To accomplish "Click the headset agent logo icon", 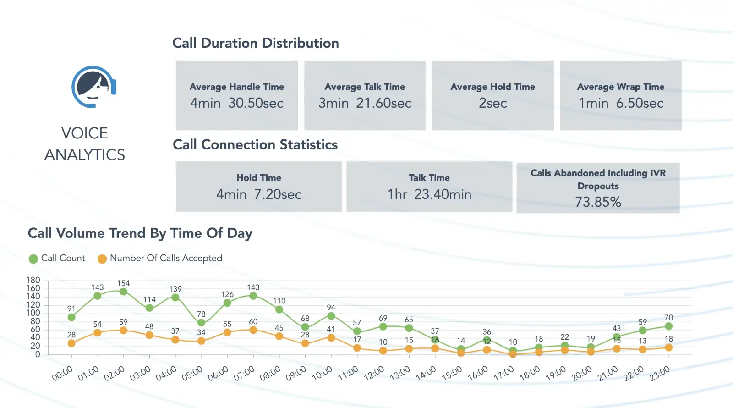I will click(x=93, y=87).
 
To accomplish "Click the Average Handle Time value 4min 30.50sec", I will click(x=237, y=103).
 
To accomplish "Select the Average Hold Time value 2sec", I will click(x=492, y=103).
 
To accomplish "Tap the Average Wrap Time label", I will click(x=620, y=87).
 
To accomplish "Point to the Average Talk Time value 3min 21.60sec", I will click(x=365, y=103).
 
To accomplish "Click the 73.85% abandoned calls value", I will click(x=598, y=202).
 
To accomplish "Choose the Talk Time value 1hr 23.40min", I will click(x=429, y=194).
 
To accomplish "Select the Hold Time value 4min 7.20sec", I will click(x=259, y=194).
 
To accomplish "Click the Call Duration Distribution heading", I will click(x=256, y=43).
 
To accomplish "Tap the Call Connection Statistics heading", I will click(x=255, y=145).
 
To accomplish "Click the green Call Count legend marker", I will click(x=33, y=259).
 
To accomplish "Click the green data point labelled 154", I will click(x=123, y=292).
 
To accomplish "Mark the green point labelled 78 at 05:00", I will click(x=201, y=323).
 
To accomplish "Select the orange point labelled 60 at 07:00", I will click(x=253, y=330).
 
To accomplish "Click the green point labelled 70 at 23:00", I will click(x=668, y=326).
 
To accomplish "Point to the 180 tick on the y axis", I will click(x=33, y=280).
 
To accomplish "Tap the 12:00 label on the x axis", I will click(x=374, y=373).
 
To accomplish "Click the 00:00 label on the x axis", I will click(x=62, y=373).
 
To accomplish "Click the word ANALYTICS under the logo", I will click(x=85, y=155).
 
